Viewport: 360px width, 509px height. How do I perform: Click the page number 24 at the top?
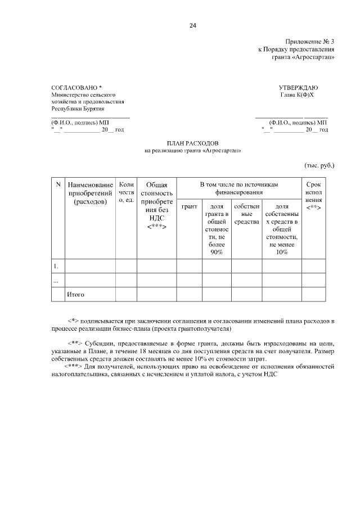tap(193, 25)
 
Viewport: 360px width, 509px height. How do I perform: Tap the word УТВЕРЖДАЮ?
tap(298, 88)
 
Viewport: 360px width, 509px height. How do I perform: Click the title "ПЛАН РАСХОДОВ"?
tap(193, 143)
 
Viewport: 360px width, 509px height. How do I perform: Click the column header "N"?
tap(58, 184)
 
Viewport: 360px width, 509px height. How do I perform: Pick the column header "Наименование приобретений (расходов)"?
tap(90, 193)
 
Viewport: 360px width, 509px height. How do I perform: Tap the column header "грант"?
tap(190, 206)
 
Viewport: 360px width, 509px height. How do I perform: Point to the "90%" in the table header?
tap(217, 252)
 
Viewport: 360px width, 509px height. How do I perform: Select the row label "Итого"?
tap(75, 294)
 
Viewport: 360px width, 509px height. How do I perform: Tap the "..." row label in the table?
tap(56, 280)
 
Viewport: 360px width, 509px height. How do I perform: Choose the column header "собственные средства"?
tap(246, 214)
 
